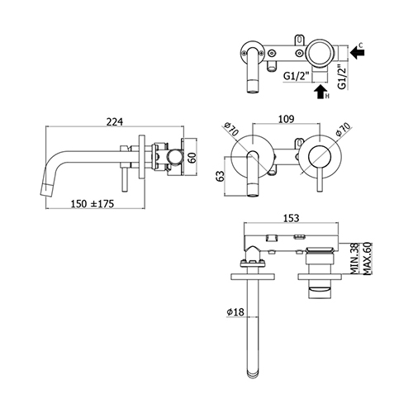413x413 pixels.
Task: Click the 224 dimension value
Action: [x=115, y=121]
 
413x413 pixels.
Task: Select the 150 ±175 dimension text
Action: [x=93, y=204]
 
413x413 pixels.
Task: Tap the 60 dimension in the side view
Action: [x=193, y=157]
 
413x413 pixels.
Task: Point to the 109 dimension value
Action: [x=287, y=119]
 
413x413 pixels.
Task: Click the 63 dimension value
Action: [x=221, y=176]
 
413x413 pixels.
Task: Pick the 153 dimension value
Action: [x=291, y=218]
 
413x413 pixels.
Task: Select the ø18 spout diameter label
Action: [x=235, y=312]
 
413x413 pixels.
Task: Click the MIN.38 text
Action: [x=354, y=259]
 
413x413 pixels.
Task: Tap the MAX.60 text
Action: [x=368, y=259]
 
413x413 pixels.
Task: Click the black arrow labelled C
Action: [x=358, y=52]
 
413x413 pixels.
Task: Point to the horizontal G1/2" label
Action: [x=297, y=76]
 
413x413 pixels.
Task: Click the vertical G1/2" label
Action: [x=342, y=76]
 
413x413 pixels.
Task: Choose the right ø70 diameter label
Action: [x=344, y=129]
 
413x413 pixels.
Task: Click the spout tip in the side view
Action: [x=46, y=191]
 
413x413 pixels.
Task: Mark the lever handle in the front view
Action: [x=320, y=180]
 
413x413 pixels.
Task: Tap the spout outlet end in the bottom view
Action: [x=253, y=374]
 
